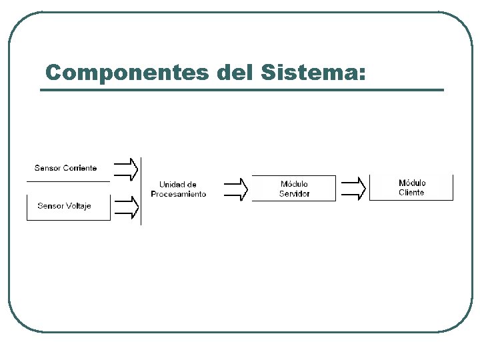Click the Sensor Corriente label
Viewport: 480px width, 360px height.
(x=65, y=168)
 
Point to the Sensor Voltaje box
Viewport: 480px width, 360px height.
(x=68, y=207)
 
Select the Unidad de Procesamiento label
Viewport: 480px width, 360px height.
(x=178, y=189)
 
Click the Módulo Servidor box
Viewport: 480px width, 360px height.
(x=294, y=189)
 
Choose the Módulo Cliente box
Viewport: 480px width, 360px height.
(x=411, y=187)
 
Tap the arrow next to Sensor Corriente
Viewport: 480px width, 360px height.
(x=127, y=169)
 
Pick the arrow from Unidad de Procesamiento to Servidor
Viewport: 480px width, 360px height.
(x=235, y=189)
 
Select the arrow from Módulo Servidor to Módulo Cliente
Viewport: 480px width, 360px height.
(x=353, y=189)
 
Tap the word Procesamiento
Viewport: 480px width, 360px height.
(x=178, y=194)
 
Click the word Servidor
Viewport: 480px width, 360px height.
(x=294, y=194)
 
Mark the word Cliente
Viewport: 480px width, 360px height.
(x=411, y=193)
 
